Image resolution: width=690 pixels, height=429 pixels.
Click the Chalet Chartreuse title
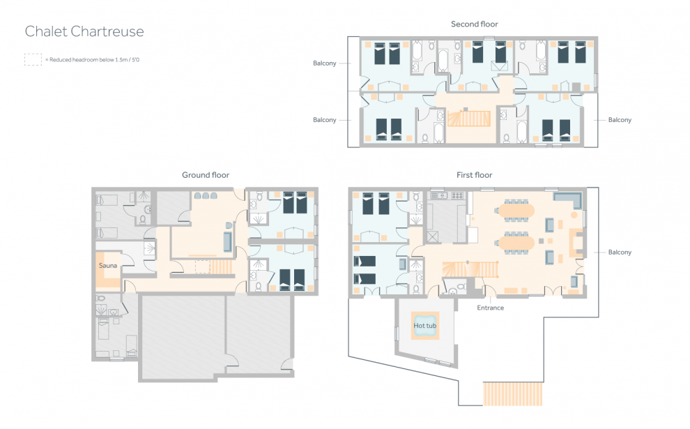[84, 31]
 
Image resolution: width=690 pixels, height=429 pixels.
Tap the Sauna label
[108, 266]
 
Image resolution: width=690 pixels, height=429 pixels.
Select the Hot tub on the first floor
[425, 326]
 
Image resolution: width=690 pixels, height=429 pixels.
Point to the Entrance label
[490, 308]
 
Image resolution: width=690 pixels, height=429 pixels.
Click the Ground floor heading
[206, 175]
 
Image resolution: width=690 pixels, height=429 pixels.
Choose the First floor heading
[475, 175]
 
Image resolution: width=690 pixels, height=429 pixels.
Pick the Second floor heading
[475, 24]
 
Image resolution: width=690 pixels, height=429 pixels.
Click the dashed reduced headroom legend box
[33, 59]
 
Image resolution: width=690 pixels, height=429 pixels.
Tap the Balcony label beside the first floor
[620, 253]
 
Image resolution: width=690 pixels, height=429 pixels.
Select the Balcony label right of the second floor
[620, 120]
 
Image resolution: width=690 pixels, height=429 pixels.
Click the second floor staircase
[469, 119]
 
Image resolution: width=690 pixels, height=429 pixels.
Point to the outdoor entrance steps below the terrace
[513, 393]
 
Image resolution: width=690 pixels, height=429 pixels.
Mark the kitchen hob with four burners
[458, 195]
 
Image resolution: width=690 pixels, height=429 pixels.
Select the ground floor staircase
[221, 266]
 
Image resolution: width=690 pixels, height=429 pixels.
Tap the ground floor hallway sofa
[227, 241]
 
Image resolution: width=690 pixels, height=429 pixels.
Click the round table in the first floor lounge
[574, 215]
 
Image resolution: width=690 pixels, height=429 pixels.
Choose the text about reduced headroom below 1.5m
[93, 60]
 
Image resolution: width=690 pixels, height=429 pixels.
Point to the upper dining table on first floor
[516, 210]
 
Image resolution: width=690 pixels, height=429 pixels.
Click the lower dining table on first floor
[516, 243]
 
